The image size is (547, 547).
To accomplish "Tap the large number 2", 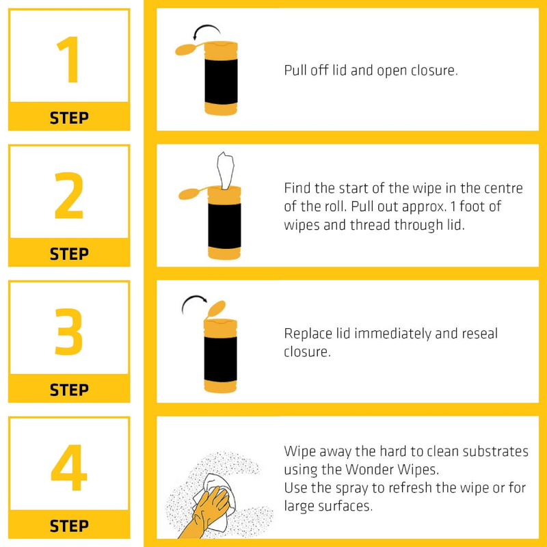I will pyautogui.click(x=68, y=196).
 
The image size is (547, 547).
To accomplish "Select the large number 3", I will pyautogui.click(x=68, y=332).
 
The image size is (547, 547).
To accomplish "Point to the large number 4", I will pyautogui.click(x=68, y=468).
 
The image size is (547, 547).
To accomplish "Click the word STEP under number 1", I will pyautogui.click(x=69, y=118).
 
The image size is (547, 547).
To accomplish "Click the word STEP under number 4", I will pyautogui.click(x=69, y=526).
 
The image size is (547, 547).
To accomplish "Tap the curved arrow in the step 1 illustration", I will pyautogui.click(x=206, y=31).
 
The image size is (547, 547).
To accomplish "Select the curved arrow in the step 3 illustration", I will pyautogui.click(x=194, y=303).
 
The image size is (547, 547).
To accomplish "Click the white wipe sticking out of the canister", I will pyautogui.click(x=225, y=168).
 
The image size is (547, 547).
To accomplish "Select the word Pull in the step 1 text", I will pyautogui.click(x=295, y=70).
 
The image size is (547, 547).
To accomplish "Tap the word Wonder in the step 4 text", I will pyautogui.click(x=375, y=470).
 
